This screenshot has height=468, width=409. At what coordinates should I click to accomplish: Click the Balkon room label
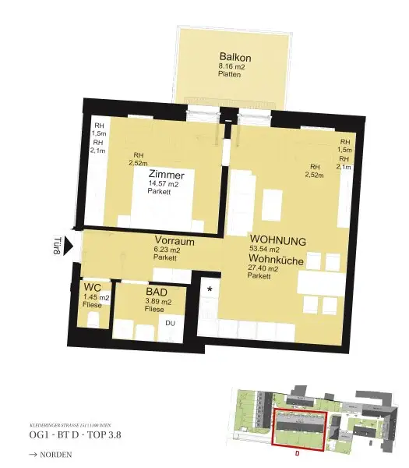tap(236, 58)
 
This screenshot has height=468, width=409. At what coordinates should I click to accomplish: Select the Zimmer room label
tap(166, 175)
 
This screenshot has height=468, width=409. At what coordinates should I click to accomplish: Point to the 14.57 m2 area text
tap(164, 185)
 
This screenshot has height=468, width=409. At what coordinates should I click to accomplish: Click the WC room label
tap(92, 288)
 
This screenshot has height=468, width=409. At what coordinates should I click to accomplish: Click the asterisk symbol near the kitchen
tap(210, 289)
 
